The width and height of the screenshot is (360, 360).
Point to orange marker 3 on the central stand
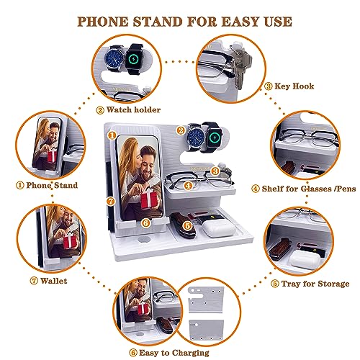tap(215, 172)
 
